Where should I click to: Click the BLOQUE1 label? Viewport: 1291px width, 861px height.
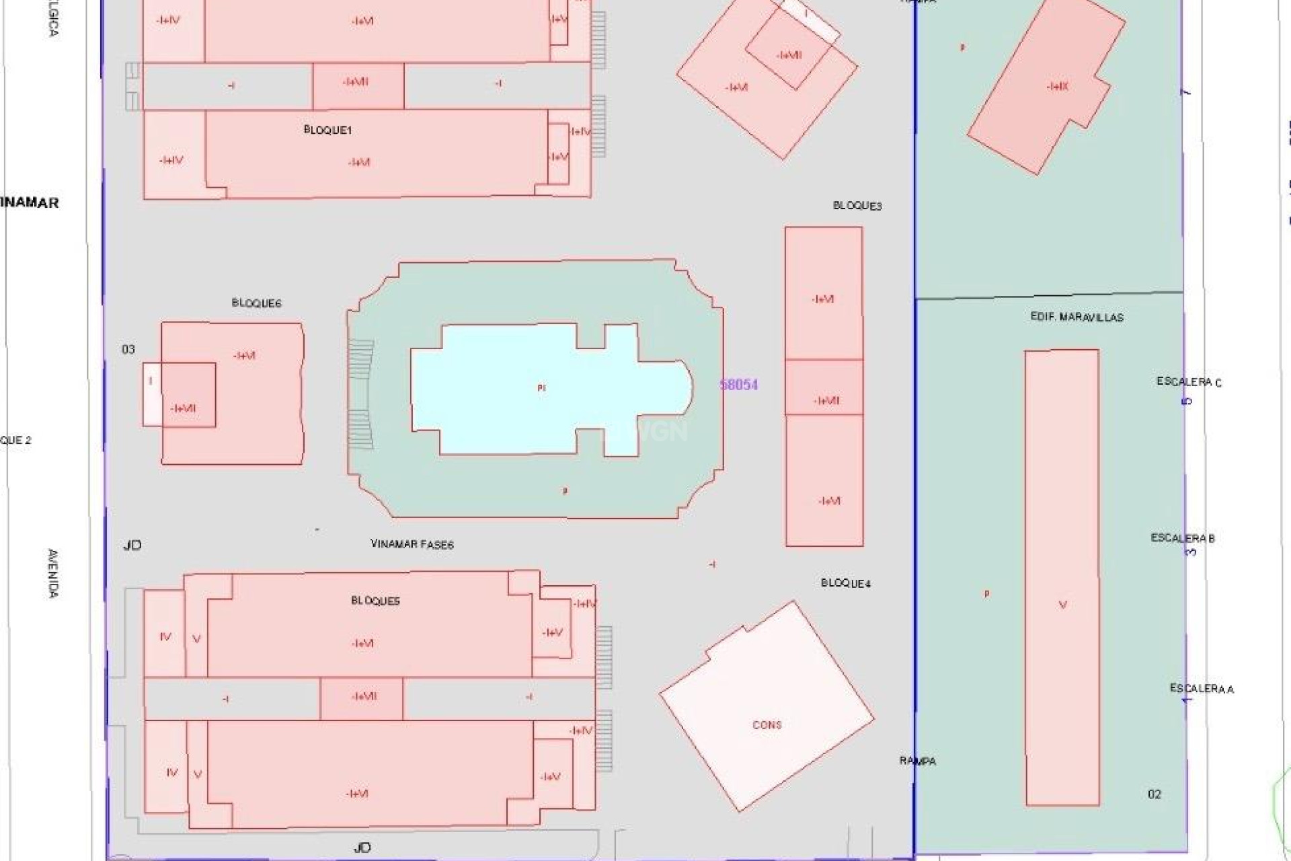point(327,130)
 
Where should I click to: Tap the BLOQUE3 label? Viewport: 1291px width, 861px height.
point(857,206)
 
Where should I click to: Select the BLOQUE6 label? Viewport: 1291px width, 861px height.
point(256,303)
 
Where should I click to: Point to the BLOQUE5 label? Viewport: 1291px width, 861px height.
point(375,601)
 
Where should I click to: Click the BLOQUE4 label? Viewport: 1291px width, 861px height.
point(845,583)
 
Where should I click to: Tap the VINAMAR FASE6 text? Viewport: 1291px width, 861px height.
point(412,544)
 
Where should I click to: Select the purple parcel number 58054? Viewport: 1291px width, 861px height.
point(738,385)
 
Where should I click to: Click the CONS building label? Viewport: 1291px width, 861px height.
point(767,725)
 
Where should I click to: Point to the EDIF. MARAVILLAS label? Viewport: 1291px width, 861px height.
point(1077,317)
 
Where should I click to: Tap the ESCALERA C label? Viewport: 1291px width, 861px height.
point(1189,382)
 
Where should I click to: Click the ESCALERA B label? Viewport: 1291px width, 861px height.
point(1183,538)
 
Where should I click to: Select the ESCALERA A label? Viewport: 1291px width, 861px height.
point(1202,689)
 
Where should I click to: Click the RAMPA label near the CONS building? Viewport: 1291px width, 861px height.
point(918,761)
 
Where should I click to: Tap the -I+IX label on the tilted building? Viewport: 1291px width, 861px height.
point(1057,87)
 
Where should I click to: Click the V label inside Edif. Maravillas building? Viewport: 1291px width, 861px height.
point(1062,605)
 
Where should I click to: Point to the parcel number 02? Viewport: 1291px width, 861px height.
point(1154,794)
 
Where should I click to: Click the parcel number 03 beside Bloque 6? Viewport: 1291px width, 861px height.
point(128,349)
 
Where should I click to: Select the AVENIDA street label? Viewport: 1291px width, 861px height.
point(53,573)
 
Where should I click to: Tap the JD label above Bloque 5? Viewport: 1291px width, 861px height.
point(132,545)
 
